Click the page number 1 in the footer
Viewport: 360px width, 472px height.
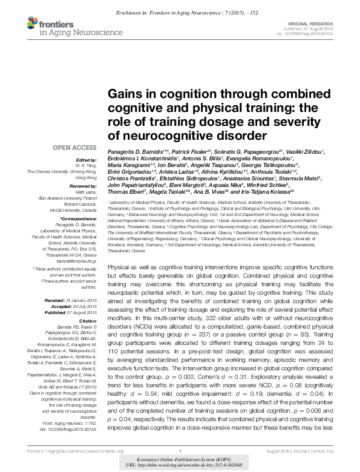pyautogui.click(x=180, y=452)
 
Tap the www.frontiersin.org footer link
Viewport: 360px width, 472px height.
pyautogui.click(x=85, y=452)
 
